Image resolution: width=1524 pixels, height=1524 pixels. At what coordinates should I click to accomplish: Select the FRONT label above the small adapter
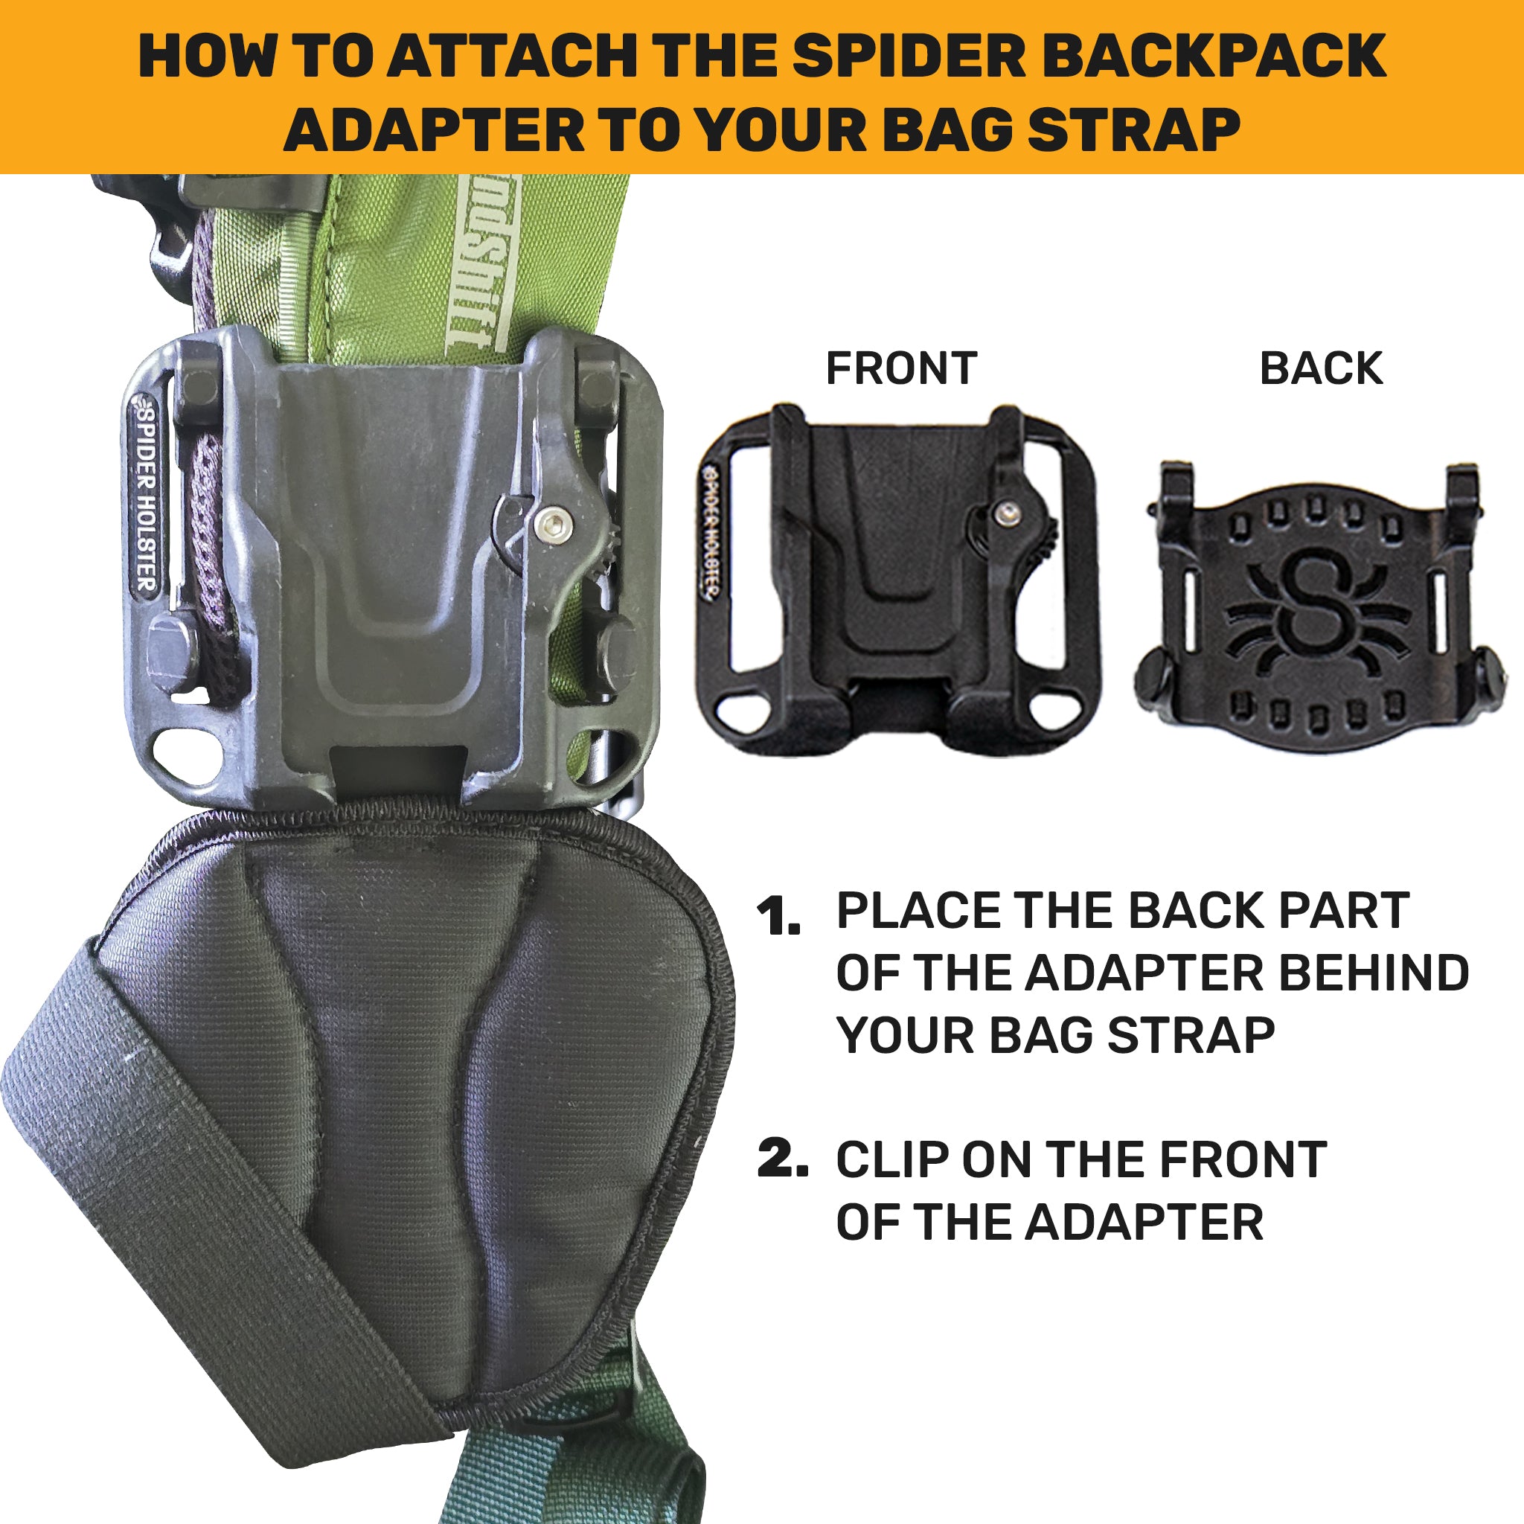pos(902,368)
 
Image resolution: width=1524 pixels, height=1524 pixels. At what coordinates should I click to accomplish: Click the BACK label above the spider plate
pos(1322,368)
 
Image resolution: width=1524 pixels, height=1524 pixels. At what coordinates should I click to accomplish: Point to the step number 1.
pos(778,918)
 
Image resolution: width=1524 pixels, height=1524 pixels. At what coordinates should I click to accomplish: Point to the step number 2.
pos(782,1159)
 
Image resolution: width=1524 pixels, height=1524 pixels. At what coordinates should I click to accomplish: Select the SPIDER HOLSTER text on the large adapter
pos(145,497)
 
